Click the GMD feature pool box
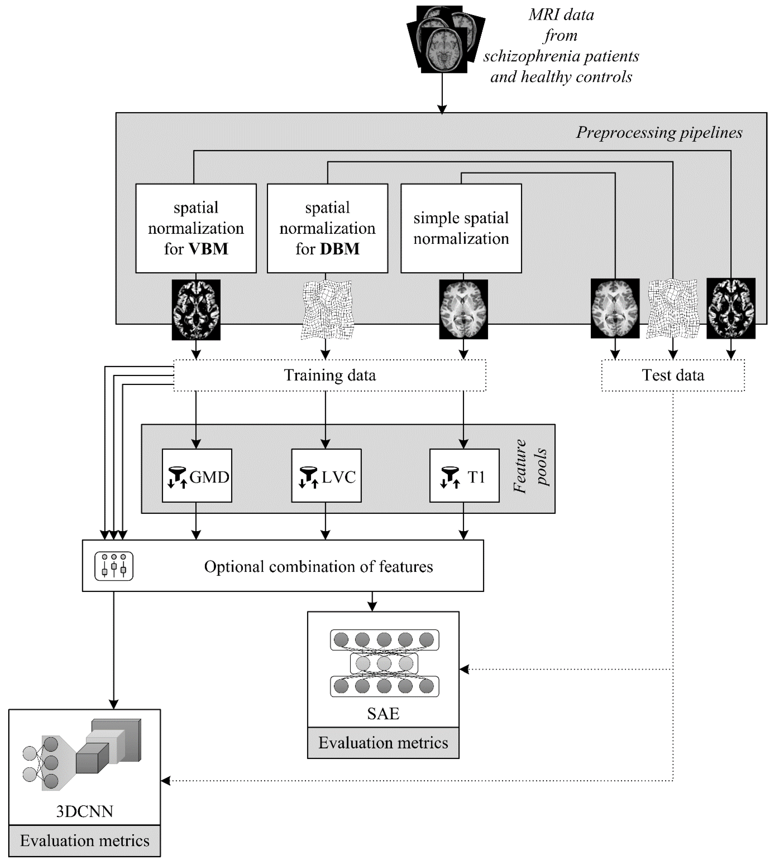point(197,476)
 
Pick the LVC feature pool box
point(326,476)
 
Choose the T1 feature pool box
point(464,476)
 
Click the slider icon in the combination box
point(114,566)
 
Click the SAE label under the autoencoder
point(383,714)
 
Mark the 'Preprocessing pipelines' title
point(659,133)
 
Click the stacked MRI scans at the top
point(445,39)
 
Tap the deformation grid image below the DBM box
point(327,309)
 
